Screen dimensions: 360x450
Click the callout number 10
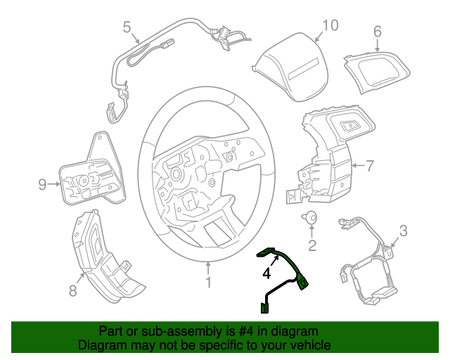pos(329,26)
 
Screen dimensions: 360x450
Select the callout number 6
pos(377,31)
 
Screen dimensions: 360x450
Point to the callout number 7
pos(370,166)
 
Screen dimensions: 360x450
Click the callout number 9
pos(42,185)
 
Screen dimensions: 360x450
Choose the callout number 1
pos(208,283)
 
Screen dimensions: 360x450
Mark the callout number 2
pos(312,245)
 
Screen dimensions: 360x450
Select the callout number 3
pos(403,230)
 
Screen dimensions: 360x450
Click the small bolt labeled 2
pos(311,219)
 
